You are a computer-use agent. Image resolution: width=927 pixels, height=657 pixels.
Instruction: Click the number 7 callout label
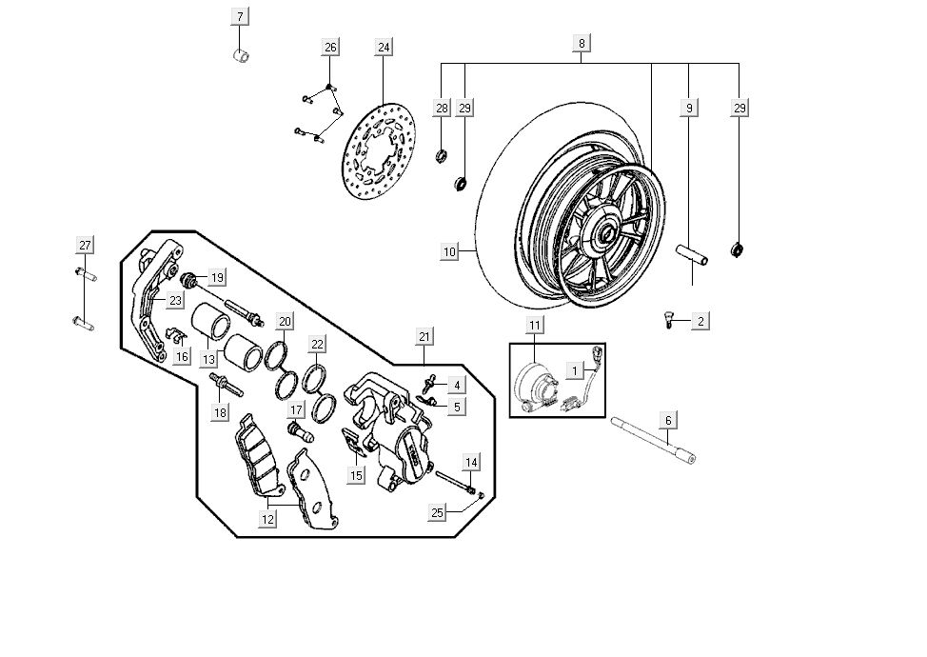pyautogui.click(x=240, y=16)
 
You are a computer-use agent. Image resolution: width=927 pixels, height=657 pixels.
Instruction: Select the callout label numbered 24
pyautogui.click(x=383, y=47)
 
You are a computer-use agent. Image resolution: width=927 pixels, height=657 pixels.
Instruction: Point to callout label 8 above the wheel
pyautogui.click(x=582, y=43)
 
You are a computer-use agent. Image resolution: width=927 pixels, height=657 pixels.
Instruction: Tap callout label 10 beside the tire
pyautogui.click(x=450, y=252)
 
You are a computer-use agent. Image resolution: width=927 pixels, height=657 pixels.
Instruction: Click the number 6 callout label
pyautogui.click(x=668, y=420)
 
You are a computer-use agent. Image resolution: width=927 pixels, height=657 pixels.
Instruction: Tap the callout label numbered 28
pyautogui.click(x=442, y=109)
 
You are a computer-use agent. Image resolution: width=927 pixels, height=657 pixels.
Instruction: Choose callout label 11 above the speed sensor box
pyautogui.click(x=535, y=326)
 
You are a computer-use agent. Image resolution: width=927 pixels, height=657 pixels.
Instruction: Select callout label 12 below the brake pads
pyautogui.click(x=268, y=519)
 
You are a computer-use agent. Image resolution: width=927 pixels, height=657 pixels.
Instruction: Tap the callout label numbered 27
pyautogui.click(x=85, y=246)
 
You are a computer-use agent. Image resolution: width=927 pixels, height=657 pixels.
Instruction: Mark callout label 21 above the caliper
pyautogui.click(x=424, y=336)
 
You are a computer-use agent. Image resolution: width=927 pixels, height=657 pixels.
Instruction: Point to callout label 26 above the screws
pyautogui.click(x=329, y=48)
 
